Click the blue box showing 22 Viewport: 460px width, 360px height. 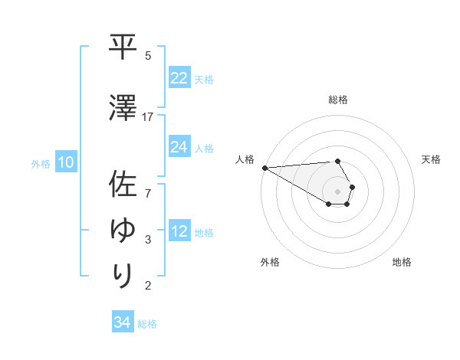(179, 78)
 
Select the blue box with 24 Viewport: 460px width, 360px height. (179, 147)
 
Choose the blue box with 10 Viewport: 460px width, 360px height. (65, 162)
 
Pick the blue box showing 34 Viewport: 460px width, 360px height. (123, 322)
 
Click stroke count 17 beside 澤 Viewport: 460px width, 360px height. (148, 117)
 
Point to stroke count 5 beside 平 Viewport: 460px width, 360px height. (148, 56)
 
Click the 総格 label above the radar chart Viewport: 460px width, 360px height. (338, 100)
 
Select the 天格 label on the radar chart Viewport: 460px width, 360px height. (432, 159)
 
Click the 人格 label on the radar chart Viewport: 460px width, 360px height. (245, 159)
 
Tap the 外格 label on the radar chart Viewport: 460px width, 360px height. (270, 262)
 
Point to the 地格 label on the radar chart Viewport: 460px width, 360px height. (402, 262)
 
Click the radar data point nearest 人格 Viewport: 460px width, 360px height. (264, 168)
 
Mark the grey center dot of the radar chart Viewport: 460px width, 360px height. (338, 191)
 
